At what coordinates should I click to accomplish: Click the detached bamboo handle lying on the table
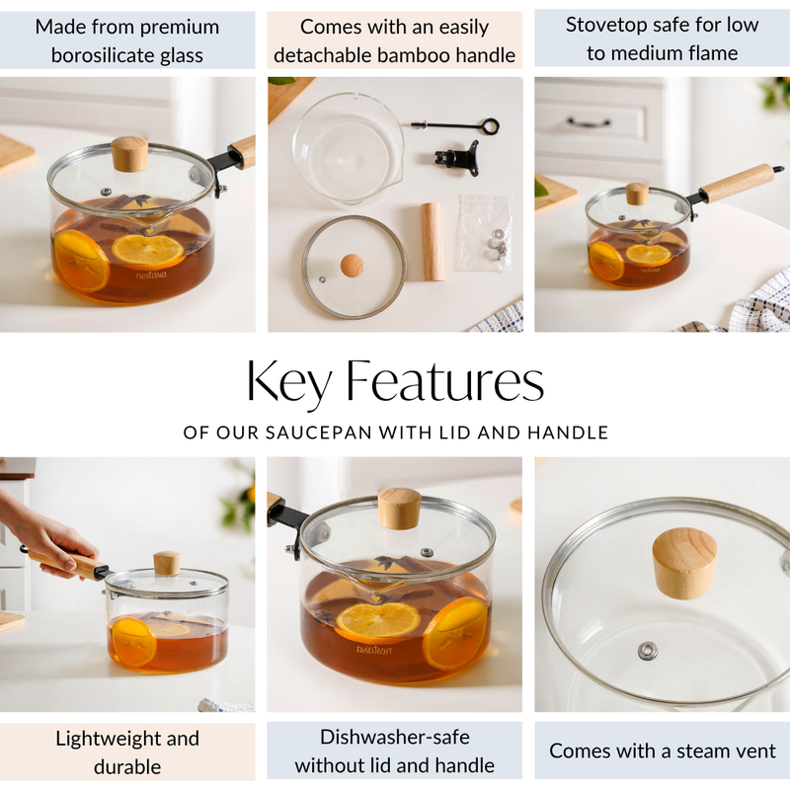point(432,241)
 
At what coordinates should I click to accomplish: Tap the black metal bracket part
point(457,158)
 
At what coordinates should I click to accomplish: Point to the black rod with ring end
point(455,125)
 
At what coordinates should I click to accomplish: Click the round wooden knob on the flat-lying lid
point(352,265)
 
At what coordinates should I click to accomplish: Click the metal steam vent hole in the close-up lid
point(648,650)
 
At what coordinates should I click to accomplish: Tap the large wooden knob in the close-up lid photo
point(684,561)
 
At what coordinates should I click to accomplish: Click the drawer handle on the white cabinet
point(590,123)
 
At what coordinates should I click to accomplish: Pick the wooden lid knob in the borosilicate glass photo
point(129,153)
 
